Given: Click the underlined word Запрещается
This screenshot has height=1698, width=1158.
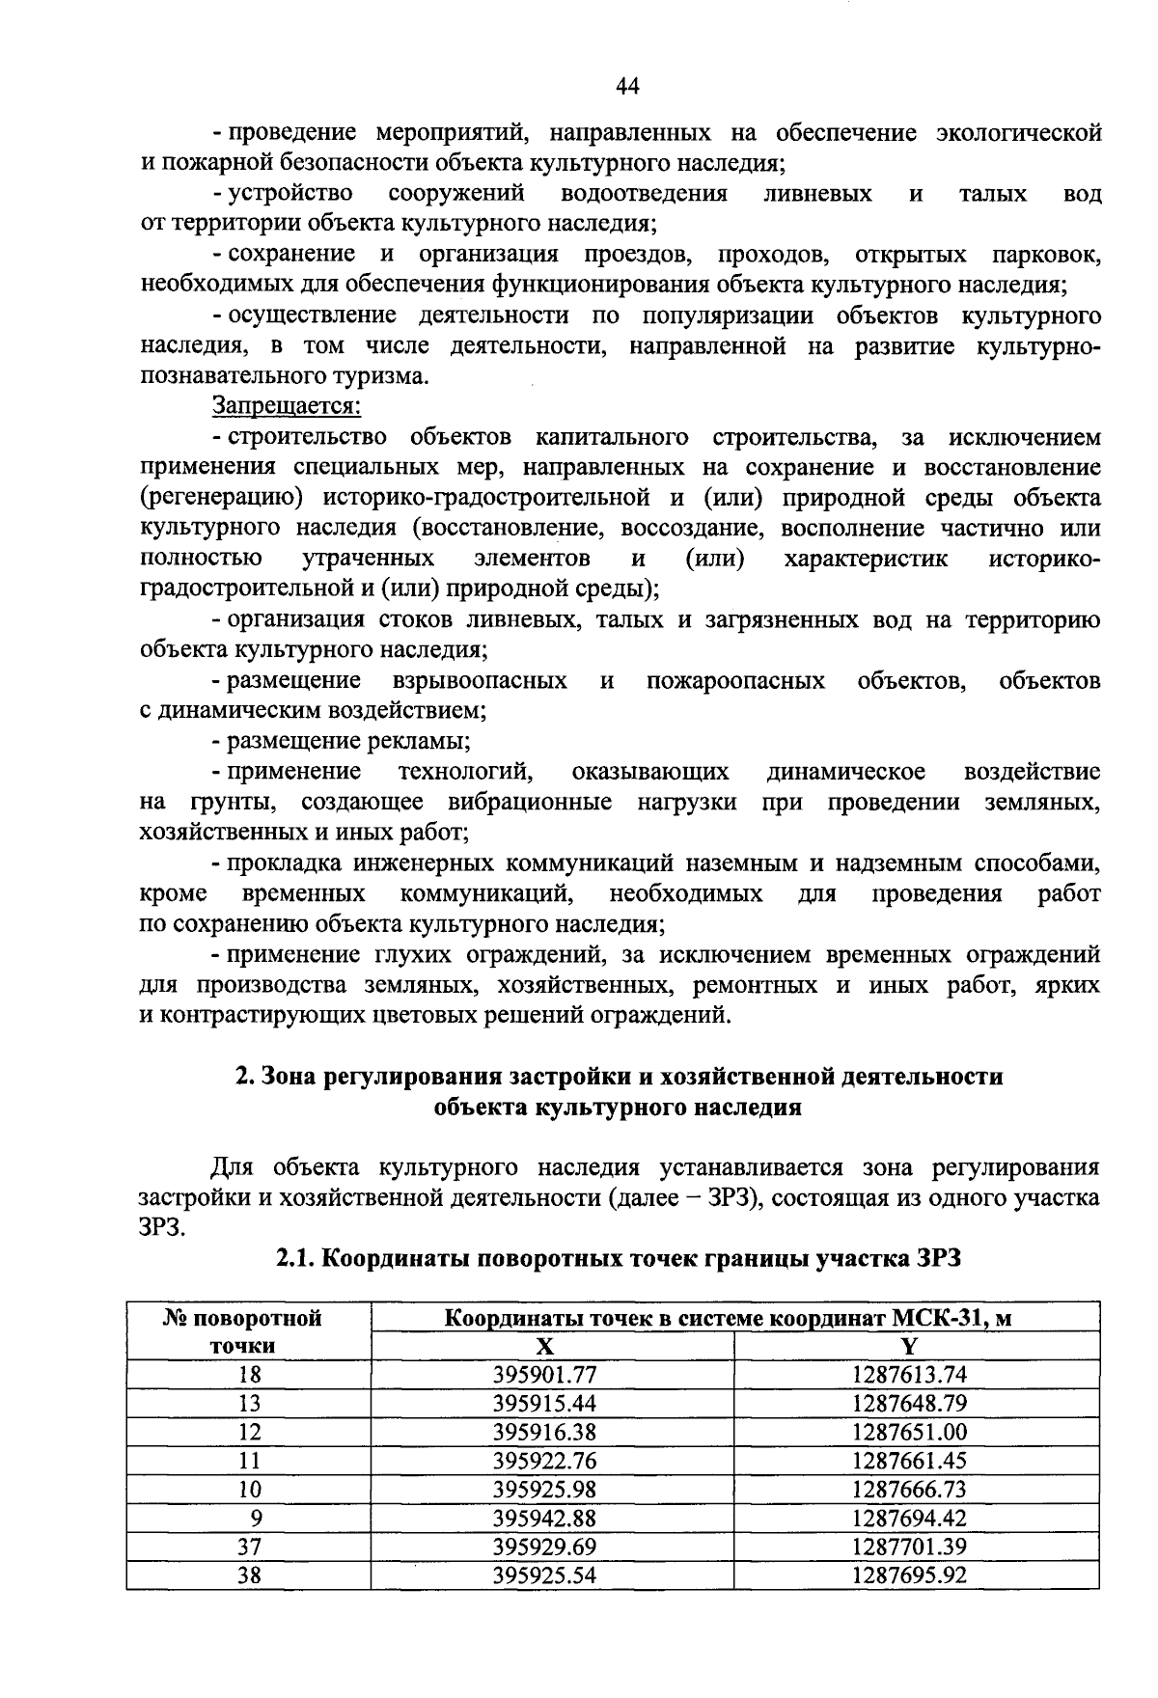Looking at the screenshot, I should (286, 407).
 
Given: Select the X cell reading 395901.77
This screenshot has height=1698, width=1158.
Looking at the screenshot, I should (544, 1375).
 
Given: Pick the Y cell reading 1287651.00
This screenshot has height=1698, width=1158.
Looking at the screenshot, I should (909, 1432).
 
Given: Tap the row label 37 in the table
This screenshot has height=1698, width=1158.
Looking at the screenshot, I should (249, 1547).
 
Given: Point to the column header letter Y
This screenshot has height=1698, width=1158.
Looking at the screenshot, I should (912, 1347).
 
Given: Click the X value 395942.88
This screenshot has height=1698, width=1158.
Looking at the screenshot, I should (544, 1519).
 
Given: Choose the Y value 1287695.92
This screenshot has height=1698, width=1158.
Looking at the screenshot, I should (909, 1575).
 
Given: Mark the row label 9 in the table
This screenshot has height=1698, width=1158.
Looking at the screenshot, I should (255, 1519).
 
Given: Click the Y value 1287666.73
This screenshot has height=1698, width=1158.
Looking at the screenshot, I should (909, 1490).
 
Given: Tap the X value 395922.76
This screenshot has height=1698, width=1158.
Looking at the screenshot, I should (544, 1461).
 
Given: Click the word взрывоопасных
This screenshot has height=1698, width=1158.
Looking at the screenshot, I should (480, 681).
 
